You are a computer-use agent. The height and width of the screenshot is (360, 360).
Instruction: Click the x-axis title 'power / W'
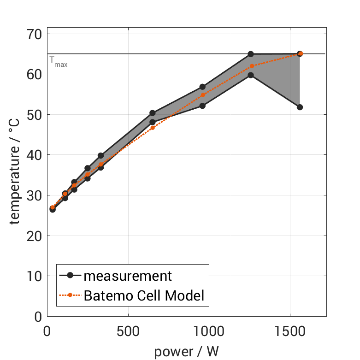(x=186, y=351)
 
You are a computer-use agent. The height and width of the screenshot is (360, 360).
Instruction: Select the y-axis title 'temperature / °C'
(x=15, y=175)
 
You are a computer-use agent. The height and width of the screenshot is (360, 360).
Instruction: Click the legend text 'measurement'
(x=128, y=276)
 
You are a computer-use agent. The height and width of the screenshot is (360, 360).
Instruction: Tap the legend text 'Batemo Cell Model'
(x=144, y=295)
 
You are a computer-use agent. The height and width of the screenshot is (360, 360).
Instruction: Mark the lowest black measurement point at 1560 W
(x=300, y=107)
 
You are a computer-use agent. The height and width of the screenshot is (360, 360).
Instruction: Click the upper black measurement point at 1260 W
(x=251, y=54)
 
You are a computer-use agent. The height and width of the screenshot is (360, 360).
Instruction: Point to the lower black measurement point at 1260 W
(x=251, y=75)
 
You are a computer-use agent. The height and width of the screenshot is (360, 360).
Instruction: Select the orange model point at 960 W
(x=203, y=95)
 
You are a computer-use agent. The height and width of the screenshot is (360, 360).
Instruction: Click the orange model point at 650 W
(x=153, y=128)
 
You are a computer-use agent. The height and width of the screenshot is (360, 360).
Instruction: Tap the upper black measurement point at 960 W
(x=202, y=87)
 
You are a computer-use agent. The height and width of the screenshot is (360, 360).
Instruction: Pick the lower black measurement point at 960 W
(x=202, y=106)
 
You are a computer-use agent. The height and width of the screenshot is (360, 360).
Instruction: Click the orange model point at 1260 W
(x=252, y=66)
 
